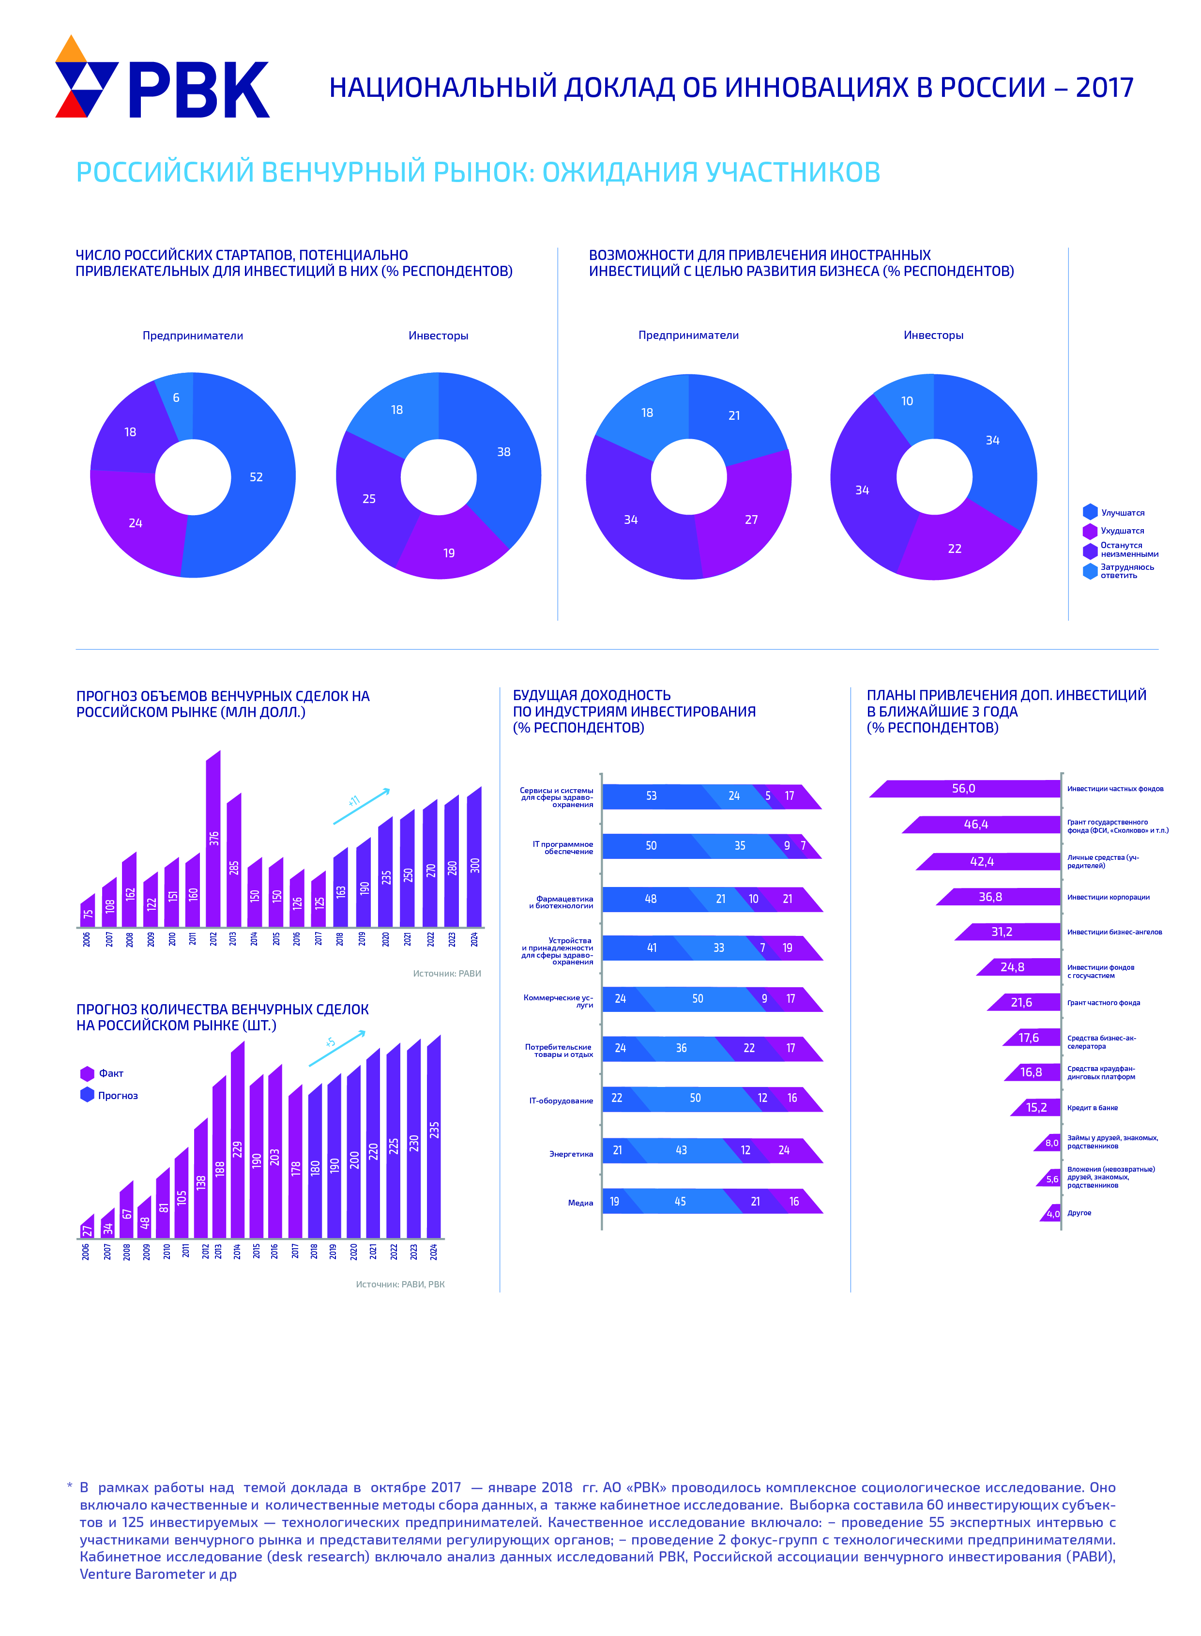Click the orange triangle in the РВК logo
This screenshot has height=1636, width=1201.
(71, 50)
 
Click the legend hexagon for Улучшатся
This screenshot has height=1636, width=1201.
(1090, 512)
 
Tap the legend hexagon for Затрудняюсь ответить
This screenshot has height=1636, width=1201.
(1090, 571)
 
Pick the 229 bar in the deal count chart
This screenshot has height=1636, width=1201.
(238, 1142)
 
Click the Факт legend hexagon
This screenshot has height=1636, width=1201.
(87, 1073)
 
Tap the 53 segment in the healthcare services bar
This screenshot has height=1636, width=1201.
(651, 796)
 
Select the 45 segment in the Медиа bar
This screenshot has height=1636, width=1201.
(680, 1201)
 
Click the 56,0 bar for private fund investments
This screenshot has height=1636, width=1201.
(964, 788)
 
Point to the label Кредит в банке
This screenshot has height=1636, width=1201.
(1092, 1107)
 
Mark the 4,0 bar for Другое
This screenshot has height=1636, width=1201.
(1052, 1213)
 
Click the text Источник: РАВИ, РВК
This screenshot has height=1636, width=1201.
(400, 1284)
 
